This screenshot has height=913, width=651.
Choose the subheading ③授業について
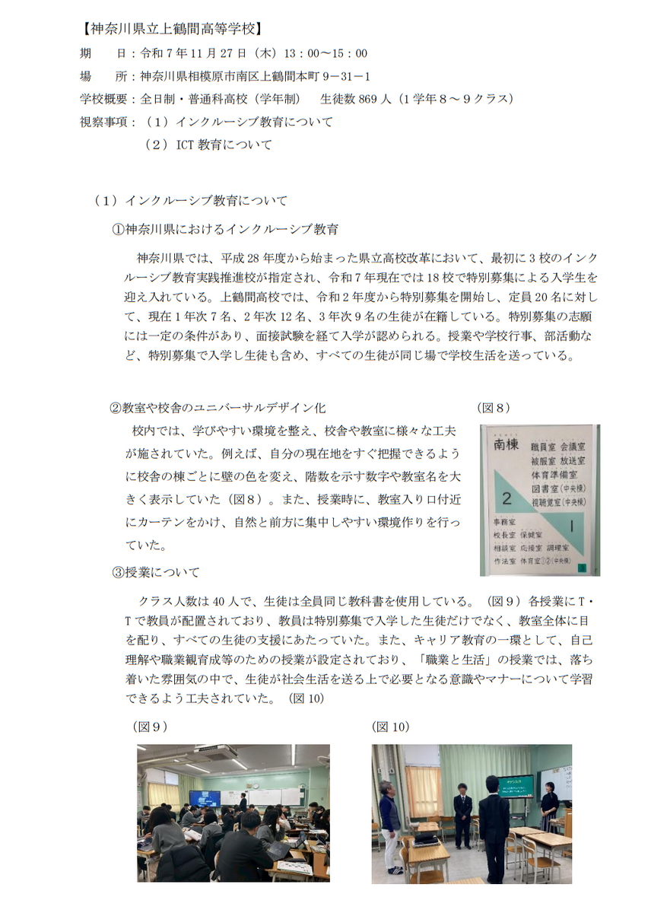tap(156, 572)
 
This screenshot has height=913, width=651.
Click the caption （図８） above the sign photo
tap(494, 409)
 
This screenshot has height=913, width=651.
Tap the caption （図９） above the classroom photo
tap(150, 727)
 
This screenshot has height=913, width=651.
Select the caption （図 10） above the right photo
tap(391, 727)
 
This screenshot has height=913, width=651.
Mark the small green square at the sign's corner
tap(582, 567)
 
